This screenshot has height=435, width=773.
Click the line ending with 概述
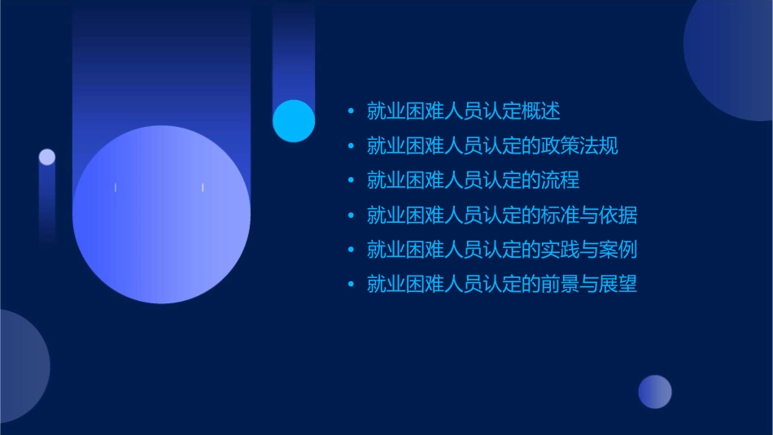pyautogui.click(x=463, y=111)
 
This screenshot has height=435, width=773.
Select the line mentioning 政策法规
pyautogui.click(x=492, y=146)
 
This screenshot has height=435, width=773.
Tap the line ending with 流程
pyautogui.click(x=473, y=181)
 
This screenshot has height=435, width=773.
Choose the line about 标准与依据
pyautogui.click(x=501, y=215)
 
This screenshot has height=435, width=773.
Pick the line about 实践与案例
pyautogui.click(x=501, y=250)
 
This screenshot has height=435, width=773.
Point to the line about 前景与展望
pyautogui.click(x=501, y=284)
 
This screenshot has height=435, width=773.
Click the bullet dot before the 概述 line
pyautogui.click(x=351, y=111)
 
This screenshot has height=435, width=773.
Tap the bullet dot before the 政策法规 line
pyautogui.click(x=351, y=146)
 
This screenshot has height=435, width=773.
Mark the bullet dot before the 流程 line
pyautogui.click(x=351, y=181)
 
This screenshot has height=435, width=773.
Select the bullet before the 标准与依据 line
pyautogui.click(x=351, y=215)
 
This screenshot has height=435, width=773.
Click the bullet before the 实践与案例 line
pyautogui.click(x=351, y=250)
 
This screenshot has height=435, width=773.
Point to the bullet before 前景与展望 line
pyautogui.click(x=351, y=284)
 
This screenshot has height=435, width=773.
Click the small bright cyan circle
pyautogui.click(x=294, y=120)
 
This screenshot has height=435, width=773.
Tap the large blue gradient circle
pyautogui.click(x=161, y=215)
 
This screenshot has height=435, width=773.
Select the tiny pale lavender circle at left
pyautogui.click(x=47, y=157)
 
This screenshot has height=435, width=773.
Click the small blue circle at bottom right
pyautogui.click(x=655, y=392)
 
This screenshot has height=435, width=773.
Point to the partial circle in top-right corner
pyautogui.click(x=732, y=57)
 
